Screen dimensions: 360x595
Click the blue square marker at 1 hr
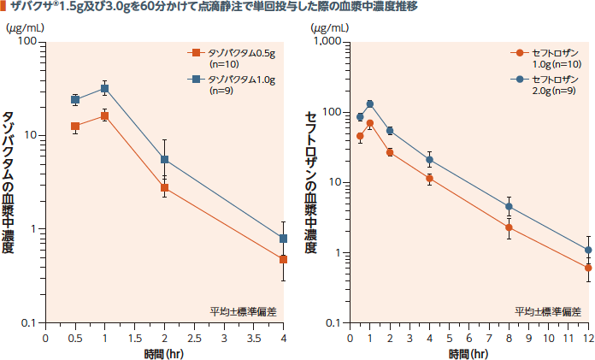coord(105,88)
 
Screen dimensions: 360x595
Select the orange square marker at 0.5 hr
coord(75,127)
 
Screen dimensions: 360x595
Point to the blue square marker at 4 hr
coord(283,239)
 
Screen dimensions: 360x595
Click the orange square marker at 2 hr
coord(164,188)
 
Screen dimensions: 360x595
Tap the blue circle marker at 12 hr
coord(588,251)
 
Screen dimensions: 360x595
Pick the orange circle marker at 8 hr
coord(509,227)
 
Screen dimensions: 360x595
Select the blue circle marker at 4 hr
coord(429,160)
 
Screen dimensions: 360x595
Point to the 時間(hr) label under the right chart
coord(468,352)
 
